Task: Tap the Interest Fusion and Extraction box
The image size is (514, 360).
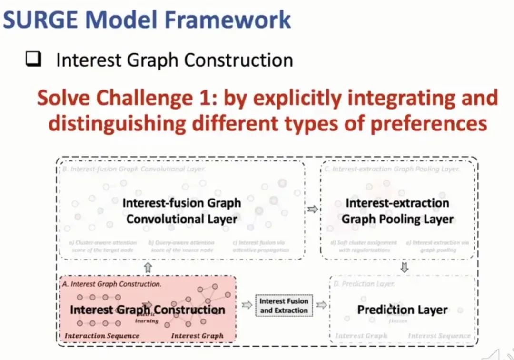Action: point(284,306)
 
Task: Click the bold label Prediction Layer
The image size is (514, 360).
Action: point(402,310)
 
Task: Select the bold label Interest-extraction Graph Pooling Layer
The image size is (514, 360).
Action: point(397,211)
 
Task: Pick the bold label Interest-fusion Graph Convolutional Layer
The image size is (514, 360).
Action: point(182,211)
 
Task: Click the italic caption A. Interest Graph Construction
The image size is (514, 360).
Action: point(112,284)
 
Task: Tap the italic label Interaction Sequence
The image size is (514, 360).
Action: point(102,336)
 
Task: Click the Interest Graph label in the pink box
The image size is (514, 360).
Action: point(197,336)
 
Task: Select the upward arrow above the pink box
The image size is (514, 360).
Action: point(148,268)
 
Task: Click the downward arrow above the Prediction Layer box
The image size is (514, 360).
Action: point(404,268)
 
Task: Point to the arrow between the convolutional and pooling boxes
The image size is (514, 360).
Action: point(313,209)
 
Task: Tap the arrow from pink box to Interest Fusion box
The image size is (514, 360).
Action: point(247,305)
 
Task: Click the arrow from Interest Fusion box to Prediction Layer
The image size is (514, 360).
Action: point(321,305)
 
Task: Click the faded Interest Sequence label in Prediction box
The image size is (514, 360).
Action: point(439,336)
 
